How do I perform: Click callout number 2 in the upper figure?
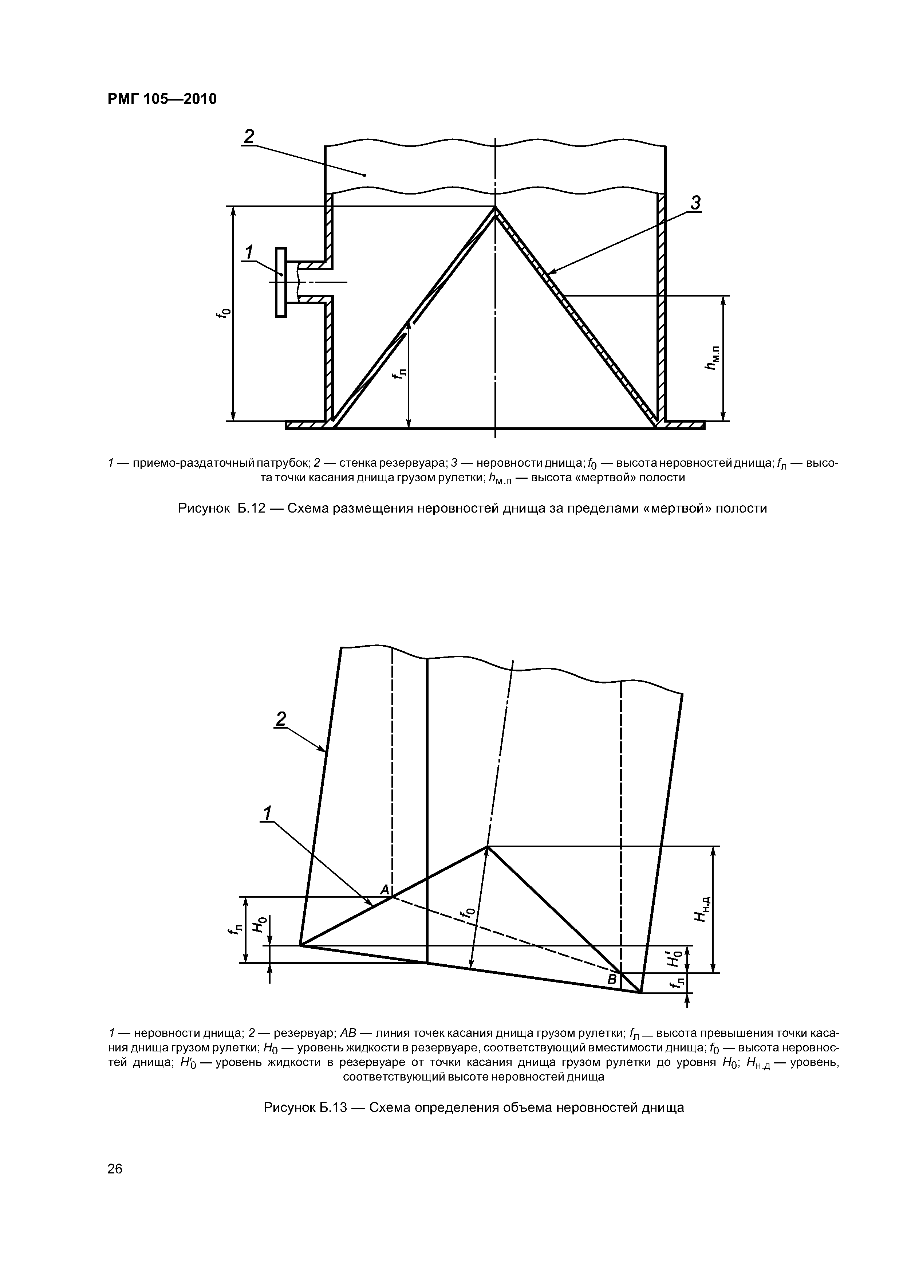248,136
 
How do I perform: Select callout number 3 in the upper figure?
695,203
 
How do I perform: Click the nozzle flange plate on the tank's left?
281,282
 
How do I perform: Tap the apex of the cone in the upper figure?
494,208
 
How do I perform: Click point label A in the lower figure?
384,890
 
